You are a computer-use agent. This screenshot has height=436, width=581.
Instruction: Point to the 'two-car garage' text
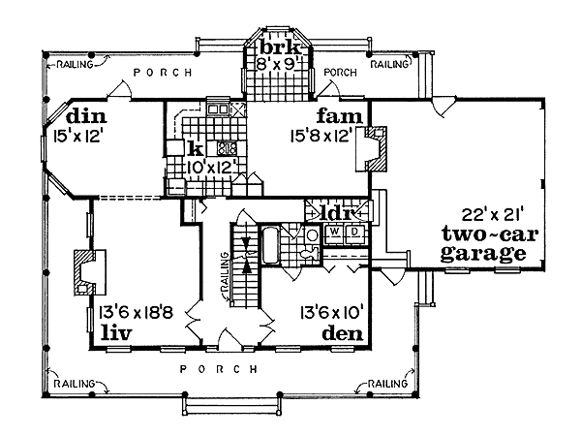pos(483,246)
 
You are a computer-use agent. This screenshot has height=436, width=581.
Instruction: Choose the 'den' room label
pos(343,334)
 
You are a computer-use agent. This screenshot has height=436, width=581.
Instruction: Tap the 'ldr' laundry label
pos(340,212)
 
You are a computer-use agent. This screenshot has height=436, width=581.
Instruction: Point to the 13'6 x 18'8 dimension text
pos(137,313)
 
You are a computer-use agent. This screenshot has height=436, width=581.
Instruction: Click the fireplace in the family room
pos(376,145)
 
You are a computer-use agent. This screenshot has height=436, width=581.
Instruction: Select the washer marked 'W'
pos(336,233)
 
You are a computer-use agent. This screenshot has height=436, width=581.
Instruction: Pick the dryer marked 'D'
pos(354,233)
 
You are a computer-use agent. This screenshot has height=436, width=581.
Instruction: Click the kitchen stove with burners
pos(228,148)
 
